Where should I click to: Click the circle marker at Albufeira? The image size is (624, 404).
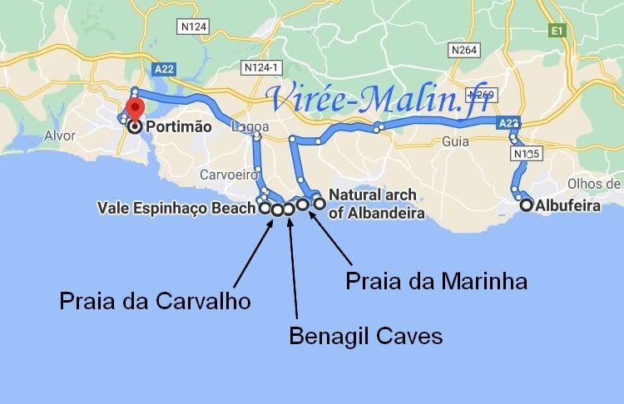pos(526,204)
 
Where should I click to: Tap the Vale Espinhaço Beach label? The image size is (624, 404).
pos(175,208)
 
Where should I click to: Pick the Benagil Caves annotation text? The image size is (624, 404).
pos(365,336)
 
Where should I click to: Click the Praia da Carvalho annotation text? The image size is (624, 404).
pos(155,301)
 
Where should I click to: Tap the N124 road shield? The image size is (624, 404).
pos(193,27)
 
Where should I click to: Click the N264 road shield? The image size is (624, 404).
pos(464,51)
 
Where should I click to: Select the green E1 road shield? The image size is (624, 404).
pos(557,31)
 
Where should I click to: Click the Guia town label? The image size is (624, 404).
pos(456,141)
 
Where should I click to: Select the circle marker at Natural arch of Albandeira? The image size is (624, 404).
pos(319,203)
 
